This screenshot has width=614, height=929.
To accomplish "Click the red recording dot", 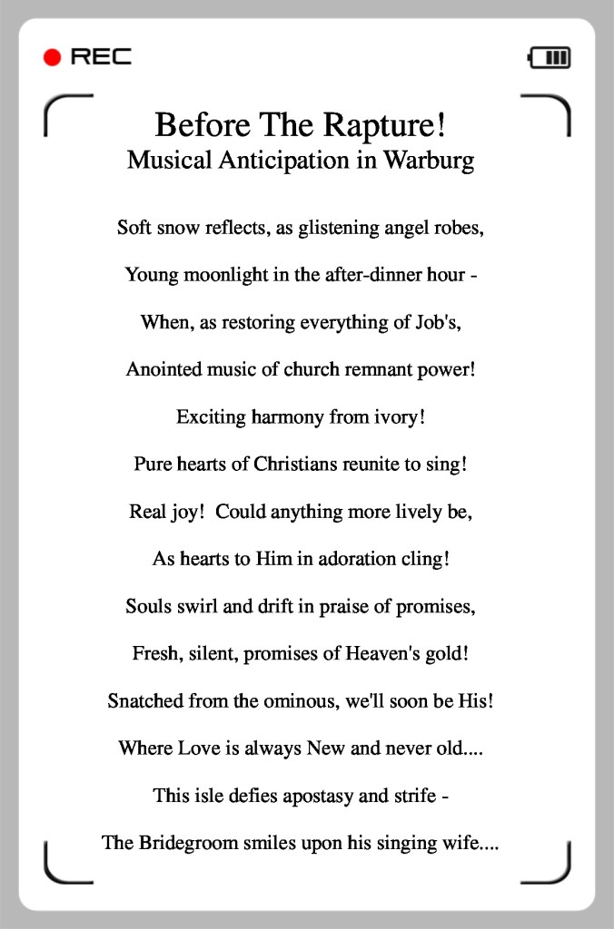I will (x=52, y=58).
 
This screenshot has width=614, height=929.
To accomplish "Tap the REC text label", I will (x=101, y=58).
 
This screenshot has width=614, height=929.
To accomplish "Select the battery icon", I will (x=550, y=58).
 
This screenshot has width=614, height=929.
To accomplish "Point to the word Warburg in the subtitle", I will (x=428, y=161).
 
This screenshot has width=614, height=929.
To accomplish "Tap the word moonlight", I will (x=225, y=275).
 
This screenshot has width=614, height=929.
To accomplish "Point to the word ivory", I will (x=396, y=417).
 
